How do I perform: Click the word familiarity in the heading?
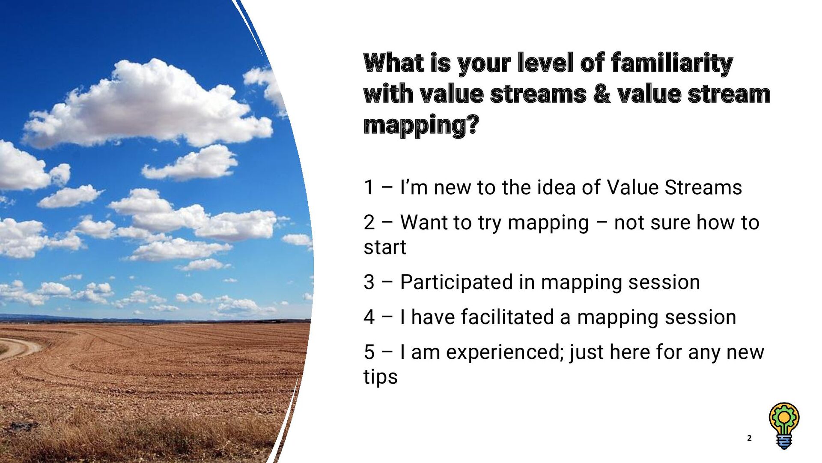[x=672, y=63]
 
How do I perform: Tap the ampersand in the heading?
[x=602, y=94]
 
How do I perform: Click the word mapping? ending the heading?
[x=421, y=126]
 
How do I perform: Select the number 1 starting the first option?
[x=369, y=188]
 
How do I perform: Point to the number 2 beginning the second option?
[x=369, y=223]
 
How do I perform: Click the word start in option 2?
[x=384, y=248]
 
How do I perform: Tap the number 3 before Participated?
[x=369, y=283]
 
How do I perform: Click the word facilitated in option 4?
[x=507, y=318]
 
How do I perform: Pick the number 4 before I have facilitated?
[x=369, y=318]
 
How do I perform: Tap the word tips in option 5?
[x=380, y=377]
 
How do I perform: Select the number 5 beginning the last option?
[x=369, y=353]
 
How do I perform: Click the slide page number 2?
[x=749, y=438]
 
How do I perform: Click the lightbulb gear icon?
[x=784, y=418]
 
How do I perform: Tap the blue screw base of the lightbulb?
[x=784, y=442]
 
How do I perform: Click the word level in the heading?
[x=545, y=63]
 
